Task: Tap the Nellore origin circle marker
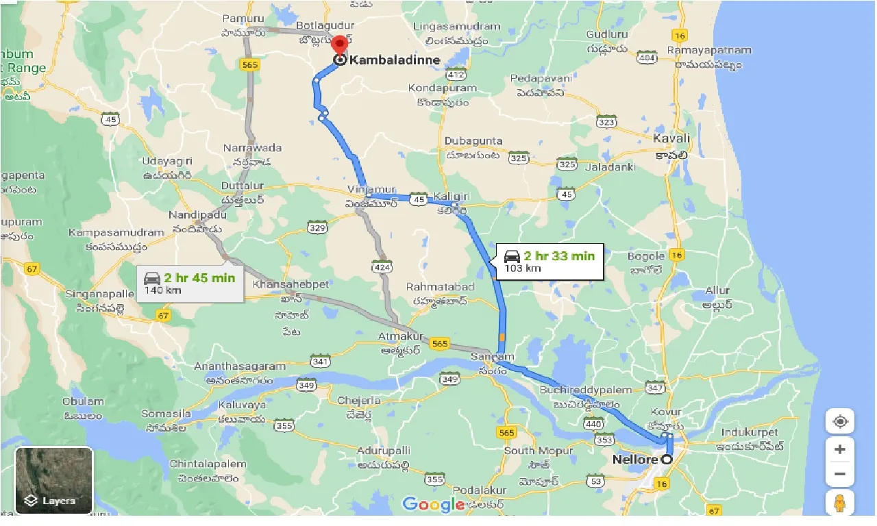(x=665, y=460)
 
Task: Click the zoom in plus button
(x=840, y=449)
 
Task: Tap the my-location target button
(x=840, y=421)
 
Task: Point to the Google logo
(x=433, y=505)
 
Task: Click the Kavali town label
(x=671, y=138)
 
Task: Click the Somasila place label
(x=166, y=414)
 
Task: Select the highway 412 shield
(x=455, y=73)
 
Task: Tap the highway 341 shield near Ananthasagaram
(x=320, y=360)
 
